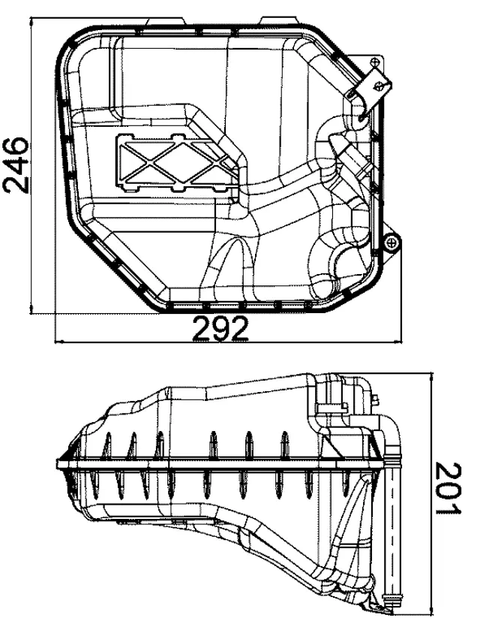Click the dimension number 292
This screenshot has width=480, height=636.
tap(223, 329)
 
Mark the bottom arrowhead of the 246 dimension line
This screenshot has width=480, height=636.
tap(31, 308)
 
